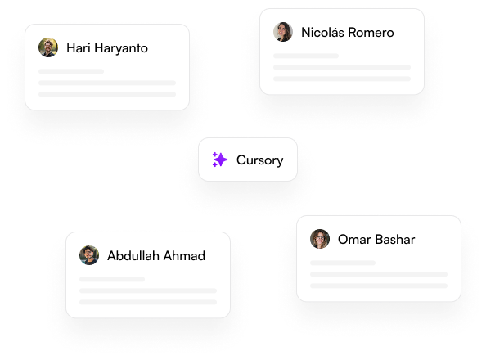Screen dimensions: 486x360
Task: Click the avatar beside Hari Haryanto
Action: point(48,47)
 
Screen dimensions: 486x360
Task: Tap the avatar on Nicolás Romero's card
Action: point(282,32)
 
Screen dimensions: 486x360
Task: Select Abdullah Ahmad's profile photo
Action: point(89,255)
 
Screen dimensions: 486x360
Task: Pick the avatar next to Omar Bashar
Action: point(320,239)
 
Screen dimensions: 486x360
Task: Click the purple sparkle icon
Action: point(220,160)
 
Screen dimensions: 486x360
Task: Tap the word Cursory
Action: point(259,160)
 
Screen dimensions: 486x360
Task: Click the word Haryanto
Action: point(121,48)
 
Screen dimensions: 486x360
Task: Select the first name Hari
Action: point(79,48)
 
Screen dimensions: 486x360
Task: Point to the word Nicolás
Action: point(322,32)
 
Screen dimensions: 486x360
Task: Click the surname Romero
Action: point(371,33)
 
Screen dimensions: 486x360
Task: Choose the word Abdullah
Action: point(133,256)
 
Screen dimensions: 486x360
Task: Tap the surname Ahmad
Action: point(184,256)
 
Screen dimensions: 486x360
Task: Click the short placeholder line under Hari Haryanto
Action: point(71,71)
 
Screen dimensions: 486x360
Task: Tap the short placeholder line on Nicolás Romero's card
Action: point(306,56)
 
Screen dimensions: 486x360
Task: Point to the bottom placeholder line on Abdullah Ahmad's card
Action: point(148,302)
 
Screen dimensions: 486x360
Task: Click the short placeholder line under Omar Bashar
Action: point(343,263)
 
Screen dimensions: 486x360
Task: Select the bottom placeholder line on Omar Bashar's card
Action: point(379,286)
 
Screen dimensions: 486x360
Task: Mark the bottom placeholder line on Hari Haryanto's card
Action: point(107,94)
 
